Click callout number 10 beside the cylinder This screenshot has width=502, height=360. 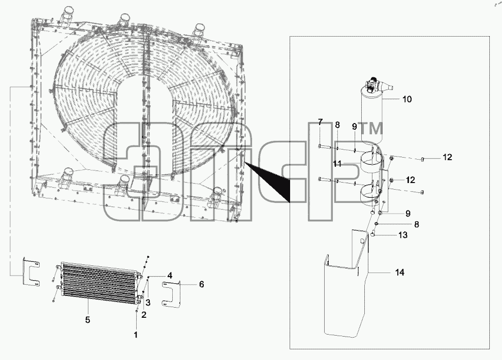[x=406, y=99]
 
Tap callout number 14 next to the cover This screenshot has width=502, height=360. [x=399, y=273]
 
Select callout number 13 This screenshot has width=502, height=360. [x=403, y=235]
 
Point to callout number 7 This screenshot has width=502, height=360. [x=320, y=122]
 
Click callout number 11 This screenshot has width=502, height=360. [x=337, y=164]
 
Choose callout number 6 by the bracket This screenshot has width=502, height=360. [x=201, y=284]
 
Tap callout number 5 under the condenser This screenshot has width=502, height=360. [x=87, y=320]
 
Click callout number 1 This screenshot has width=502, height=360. [x=136, y=335]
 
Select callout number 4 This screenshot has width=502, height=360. [x=170, y=276]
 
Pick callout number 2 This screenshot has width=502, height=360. [x=144, y=315]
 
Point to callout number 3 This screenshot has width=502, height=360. [x=148, y=303]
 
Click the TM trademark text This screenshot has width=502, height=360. [x=371, y=129]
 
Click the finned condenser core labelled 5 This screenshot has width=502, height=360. [x=99, y=283]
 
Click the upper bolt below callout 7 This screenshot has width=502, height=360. [x=325, y=146]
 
